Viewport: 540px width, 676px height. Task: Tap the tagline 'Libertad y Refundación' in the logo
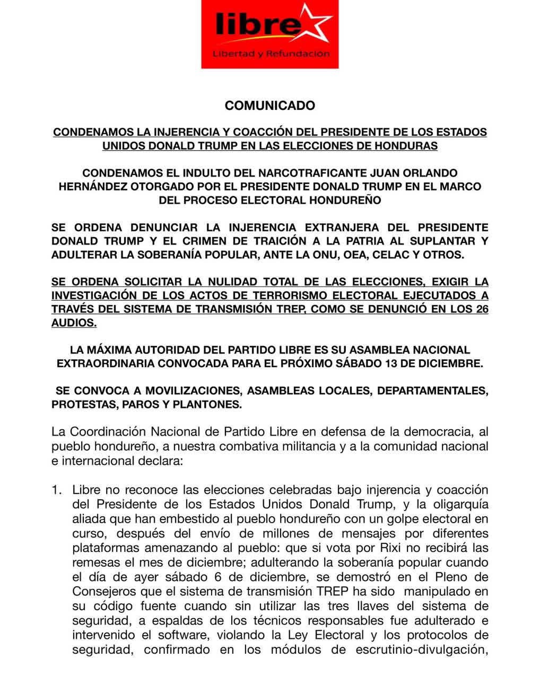tap(271, 54)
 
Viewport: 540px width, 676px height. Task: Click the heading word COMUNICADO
tap(270, 106)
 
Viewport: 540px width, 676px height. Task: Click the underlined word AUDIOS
tap(74, 323)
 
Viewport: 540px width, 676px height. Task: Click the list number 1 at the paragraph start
tap(55, 490)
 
